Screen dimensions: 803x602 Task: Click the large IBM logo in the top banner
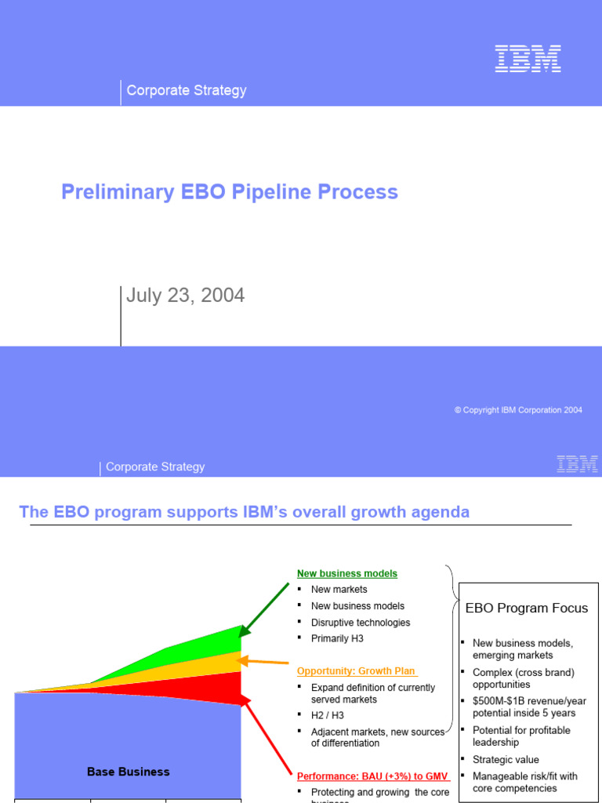528,59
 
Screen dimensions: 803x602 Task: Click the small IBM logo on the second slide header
577,463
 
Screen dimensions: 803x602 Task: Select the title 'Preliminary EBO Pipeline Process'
230,192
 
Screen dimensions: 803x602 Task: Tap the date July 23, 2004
186,296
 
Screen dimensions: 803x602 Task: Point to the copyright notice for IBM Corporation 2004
518,410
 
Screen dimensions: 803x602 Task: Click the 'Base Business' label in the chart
128,772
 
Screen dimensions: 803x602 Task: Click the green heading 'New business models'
346,573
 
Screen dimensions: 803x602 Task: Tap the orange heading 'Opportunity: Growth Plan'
357,671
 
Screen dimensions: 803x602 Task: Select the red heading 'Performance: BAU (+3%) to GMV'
372,776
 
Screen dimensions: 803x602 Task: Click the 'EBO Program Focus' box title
526,608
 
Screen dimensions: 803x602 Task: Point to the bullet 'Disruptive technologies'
360,623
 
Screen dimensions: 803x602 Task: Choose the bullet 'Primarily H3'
337,638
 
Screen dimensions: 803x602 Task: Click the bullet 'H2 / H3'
327,715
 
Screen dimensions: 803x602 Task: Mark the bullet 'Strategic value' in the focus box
506,759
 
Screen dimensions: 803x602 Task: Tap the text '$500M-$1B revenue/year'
529,701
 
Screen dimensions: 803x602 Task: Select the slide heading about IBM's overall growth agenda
244,512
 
